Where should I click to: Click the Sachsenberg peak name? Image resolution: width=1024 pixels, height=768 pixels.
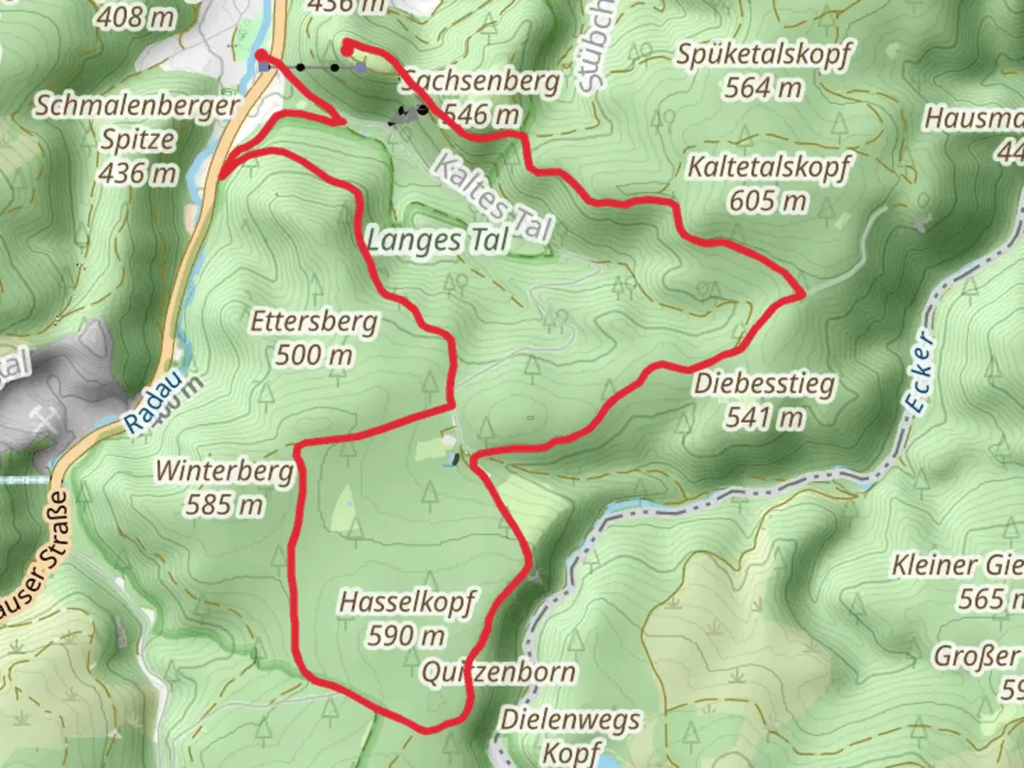[481, 82]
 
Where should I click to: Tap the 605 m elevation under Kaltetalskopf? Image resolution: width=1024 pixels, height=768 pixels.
[767, 201]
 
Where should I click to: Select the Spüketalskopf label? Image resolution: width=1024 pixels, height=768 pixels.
[763, 55]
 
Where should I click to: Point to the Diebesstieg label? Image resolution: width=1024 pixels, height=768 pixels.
[764, 385]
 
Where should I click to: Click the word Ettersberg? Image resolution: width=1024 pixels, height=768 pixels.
[314, 322]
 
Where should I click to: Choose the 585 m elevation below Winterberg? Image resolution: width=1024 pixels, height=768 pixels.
[224, 504]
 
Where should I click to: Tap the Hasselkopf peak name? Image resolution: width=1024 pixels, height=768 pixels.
[407, 602]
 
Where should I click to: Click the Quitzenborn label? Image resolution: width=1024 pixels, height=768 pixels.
[498, 672]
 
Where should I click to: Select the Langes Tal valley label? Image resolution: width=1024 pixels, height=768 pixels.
[438, 241]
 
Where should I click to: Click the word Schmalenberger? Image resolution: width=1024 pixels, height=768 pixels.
[137, 107]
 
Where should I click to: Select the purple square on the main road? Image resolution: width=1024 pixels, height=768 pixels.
[265, 67]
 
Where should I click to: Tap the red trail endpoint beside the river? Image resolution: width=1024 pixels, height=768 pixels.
[262, 55]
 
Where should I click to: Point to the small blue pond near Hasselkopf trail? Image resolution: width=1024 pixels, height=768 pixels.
[450, 461]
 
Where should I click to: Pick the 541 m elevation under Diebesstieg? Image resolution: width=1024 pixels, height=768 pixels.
[764, 417]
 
